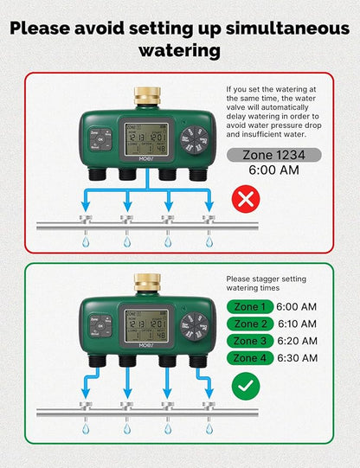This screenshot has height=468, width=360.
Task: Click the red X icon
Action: [247, 201]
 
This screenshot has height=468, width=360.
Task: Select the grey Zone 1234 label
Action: [260, 156]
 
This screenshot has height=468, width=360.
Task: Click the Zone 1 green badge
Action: [249, 307]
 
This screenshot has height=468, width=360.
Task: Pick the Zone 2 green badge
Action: [249, 324]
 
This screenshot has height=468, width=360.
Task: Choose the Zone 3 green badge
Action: [249, 342]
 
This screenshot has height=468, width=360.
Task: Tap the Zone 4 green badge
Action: [249, 358]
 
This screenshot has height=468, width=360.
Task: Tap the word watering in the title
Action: [179, 50]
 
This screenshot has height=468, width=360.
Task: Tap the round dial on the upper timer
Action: [195, 138]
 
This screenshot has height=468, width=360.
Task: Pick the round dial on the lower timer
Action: [195, 326]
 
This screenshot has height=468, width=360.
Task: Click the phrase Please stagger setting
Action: [267, 279]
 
